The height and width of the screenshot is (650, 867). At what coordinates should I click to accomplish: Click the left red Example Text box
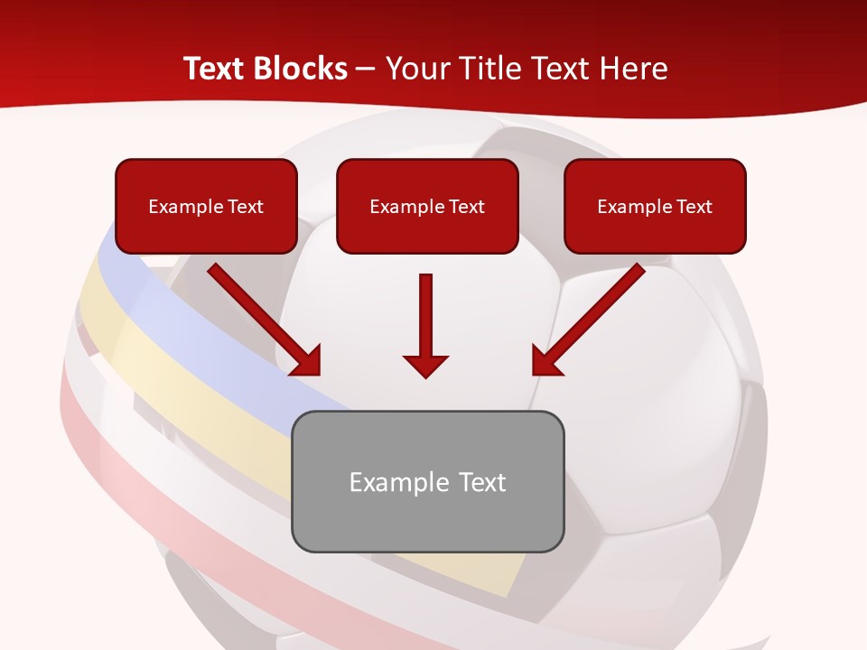pos(206,206)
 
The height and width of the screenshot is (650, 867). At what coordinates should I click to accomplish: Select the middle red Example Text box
pos(427,206)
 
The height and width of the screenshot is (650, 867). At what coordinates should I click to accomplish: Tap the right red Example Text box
pos(655,206)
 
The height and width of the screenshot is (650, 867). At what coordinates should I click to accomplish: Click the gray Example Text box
pos(427,481)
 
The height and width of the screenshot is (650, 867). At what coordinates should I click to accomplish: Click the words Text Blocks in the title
pos(266,69)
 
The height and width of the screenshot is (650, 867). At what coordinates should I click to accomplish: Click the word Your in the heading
pos(415,69)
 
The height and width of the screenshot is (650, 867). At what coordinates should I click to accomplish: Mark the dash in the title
pos(367,69)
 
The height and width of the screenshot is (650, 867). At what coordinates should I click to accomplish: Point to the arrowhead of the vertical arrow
pos(425,365)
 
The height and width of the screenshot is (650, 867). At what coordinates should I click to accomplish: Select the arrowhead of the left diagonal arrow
pos(308,361)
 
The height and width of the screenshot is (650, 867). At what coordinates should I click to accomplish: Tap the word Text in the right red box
pos(694,207)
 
